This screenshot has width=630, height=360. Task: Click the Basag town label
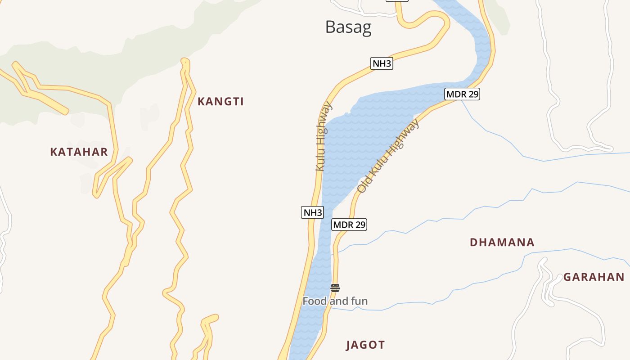coord(348,27)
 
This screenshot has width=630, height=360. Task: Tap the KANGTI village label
coord(220,102)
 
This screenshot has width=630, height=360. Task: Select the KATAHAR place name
coord(79,152)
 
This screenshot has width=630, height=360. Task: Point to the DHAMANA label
coord(502,243)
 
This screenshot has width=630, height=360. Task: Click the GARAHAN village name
coord(594,277)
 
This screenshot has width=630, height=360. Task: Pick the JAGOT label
coord(365,345)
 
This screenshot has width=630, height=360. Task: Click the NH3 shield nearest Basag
coord(382,63)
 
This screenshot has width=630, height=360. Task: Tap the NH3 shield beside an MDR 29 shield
coord(312,212)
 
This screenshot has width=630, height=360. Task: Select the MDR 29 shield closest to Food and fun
coord(349,225)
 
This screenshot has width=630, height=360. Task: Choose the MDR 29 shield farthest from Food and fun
coord(462,94)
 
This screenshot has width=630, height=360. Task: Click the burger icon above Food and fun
coord(335,288)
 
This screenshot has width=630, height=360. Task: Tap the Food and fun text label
coord(335,301)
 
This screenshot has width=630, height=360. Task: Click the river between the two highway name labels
coord(355,144)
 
